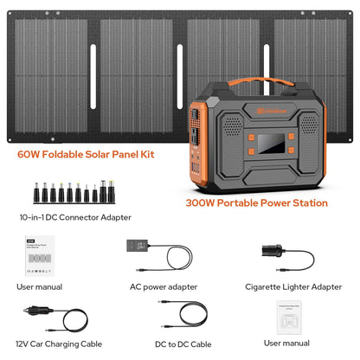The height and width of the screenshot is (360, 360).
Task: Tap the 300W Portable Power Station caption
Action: (x=256, y=203)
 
